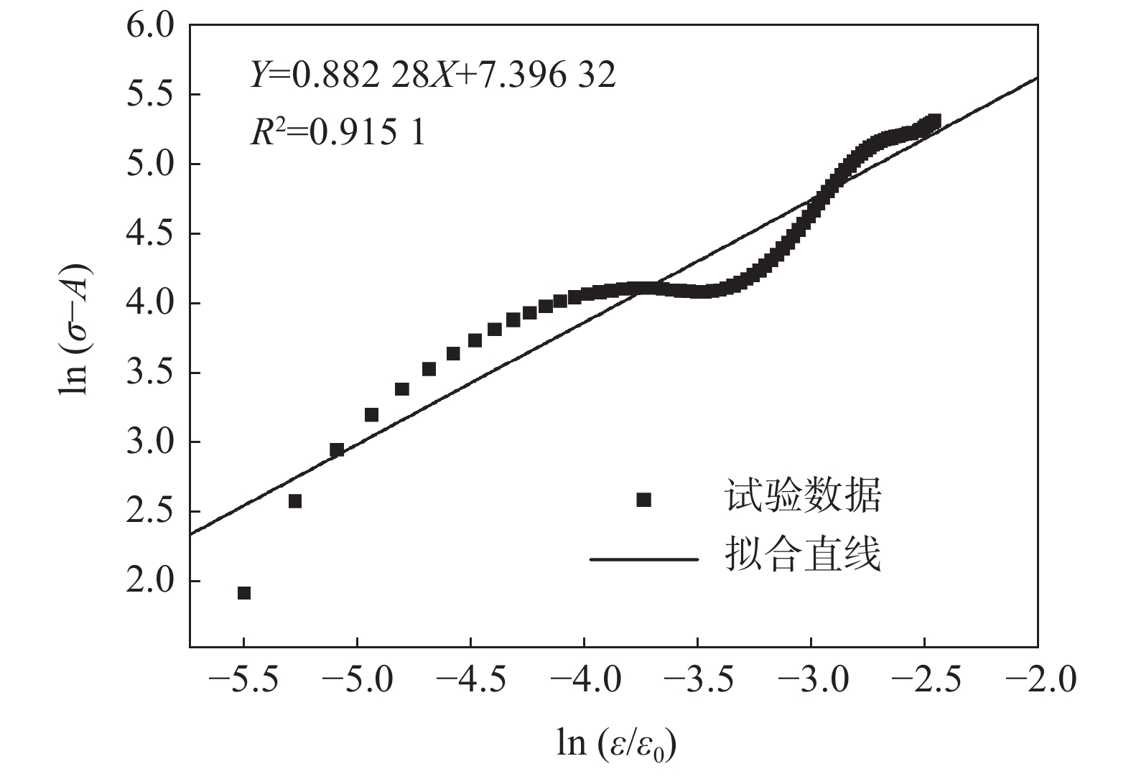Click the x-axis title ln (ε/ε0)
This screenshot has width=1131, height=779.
coord(617,744)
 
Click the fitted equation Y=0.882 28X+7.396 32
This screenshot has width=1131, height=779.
coord(432,74)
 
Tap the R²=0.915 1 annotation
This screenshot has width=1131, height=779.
coord(338,131)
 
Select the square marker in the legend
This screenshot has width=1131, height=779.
coord(644,500)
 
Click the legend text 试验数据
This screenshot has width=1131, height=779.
coord(803,496)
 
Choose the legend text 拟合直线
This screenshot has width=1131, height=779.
coord(803,555)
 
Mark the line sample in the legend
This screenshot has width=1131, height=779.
coord(644,558)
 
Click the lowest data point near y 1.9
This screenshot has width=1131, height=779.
coord(244,593)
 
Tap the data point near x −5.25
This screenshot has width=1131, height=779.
coord(295,501)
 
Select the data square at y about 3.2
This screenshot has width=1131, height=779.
coord(371,415)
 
